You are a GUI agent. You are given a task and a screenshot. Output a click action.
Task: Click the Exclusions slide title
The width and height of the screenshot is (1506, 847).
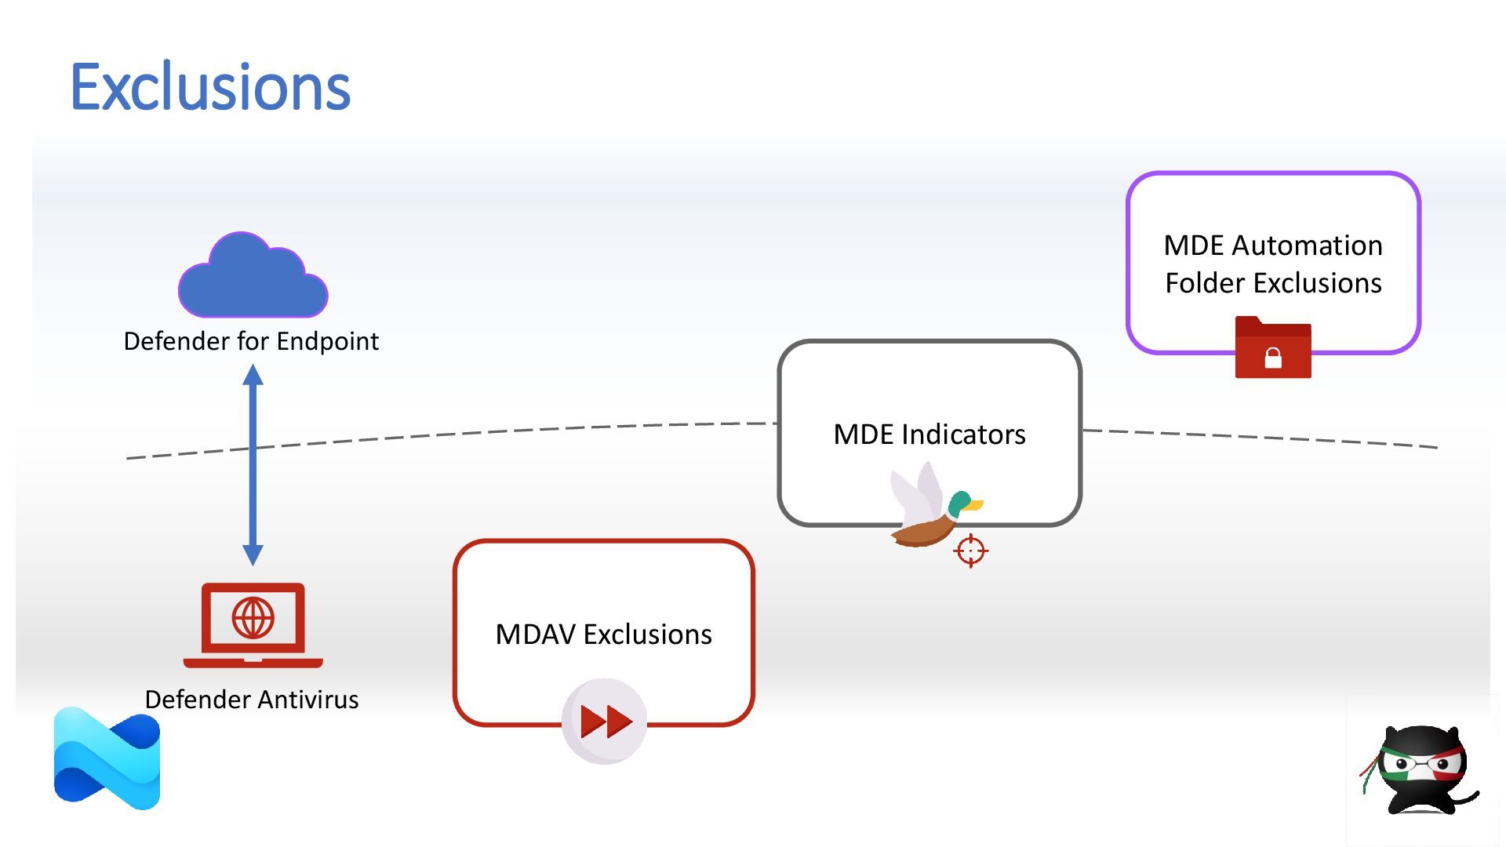coord(210,86)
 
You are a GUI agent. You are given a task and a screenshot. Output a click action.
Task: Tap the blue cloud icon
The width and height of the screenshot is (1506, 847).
coord(253,274)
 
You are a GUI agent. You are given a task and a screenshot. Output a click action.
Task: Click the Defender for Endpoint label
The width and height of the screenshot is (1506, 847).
coord(251,341)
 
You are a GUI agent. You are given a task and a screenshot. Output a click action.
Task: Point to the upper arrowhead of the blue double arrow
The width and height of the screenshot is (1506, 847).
coord(253,374)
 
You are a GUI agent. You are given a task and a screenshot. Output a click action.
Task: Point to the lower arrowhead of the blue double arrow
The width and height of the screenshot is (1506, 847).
coord(253,555)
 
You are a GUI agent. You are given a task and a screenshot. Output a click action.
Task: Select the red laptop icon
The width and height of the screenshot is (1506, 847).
coord(253,625)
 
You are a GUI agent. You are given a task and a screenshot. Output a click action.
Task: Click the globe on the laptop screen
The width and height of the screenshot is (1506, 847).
coord(253,617)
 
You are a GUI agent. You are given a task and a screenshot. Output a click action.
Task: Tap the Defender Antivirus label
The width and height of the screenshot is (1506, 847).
coord(252,700)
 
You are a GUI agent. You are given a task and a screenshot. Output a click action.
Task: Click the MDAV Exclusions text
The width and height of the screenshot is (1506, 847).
coord(604,634)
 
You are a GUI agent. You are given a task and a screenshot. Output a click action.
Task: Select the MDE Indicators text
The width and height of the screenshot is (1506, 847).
coord(929,434)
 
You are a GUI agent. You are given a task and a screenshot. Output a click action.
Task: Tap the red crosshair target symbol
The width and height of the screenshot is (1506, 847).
coord(971,551)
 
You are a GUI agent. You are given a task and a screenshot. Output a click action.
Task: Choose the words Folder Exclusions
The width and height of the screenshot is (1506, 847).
coord(1274,283)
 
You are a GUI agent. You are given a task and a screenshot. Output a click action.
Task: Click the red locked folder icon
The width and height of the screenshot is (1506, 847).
coord(1273,347)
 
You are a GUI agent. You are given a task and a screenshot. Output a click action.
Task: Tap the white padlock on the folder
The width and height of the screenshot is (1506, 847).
coord(1273,358)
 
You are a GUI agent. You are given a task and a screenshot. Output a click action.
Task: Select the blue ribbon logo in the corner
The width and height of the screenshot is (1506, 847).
coord(107,758)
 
